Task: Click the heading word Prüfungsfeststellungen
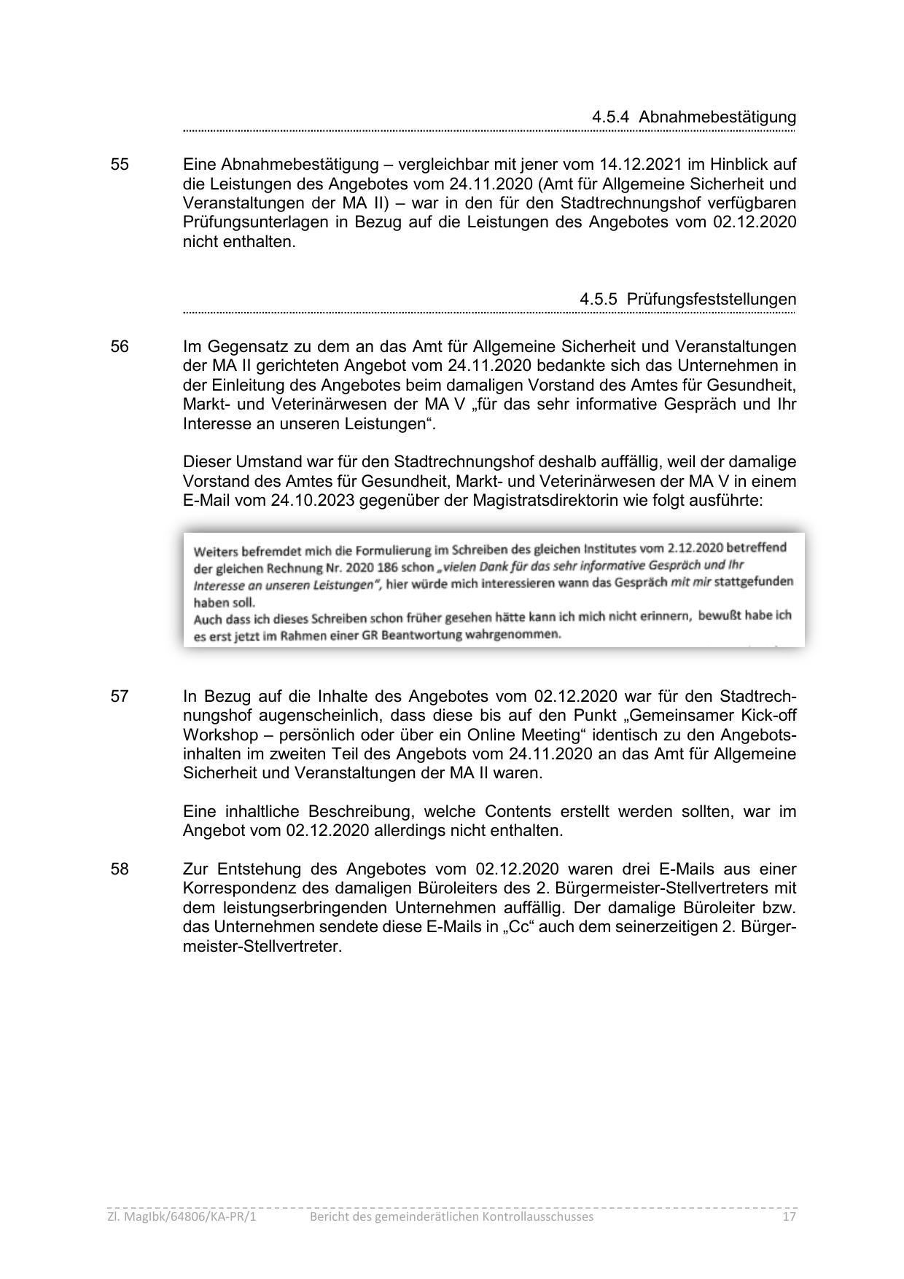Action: pos(712,300)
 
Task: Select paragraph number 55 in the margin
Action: pos(120,165)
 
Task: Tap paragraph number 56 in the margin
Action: pos(120,347)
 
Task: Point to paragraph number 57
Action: pos(120,697)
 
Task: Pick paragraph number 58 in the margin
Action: pos(120,869)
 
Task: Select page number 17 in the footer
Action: pos(788,1217)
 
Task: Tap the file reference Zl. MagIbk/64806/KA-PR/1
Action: pos(182,1217)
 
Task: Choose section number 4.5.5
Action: pos(599,300)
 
